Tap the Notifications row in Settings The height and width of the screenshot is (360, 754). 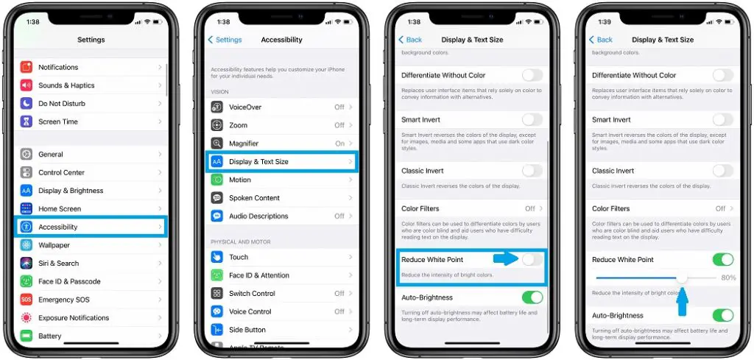59,67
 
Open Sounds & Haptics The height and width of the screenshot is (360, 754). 66,85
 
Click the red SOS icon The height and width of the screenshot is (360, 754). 27,300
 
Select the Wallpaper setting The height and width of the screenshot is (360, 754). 54,245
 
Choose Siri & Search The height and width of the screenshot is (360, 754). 59,263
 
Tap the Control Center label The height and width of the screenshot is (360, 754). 62,172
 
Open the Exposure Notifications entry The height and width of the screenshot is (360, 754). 74,318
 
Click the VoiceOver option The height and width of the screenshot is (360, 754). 245,107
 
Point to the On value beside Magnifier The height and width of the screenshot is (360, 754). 339,144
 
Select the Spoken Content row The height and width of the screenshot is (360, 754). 254,198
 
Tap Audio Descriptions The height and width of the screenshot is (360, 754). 258,216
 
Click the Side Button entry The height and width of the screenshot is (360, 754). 247,330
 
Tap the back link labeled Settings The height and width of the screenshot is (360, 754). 225,40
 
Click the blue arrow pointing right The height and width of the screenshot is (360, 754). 506,258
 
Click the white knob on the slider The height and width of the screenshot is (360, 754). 683,278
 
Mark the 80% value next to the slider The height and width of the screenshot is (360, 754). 728,278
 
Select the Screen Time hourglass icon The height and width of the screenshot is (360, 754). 27,121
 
